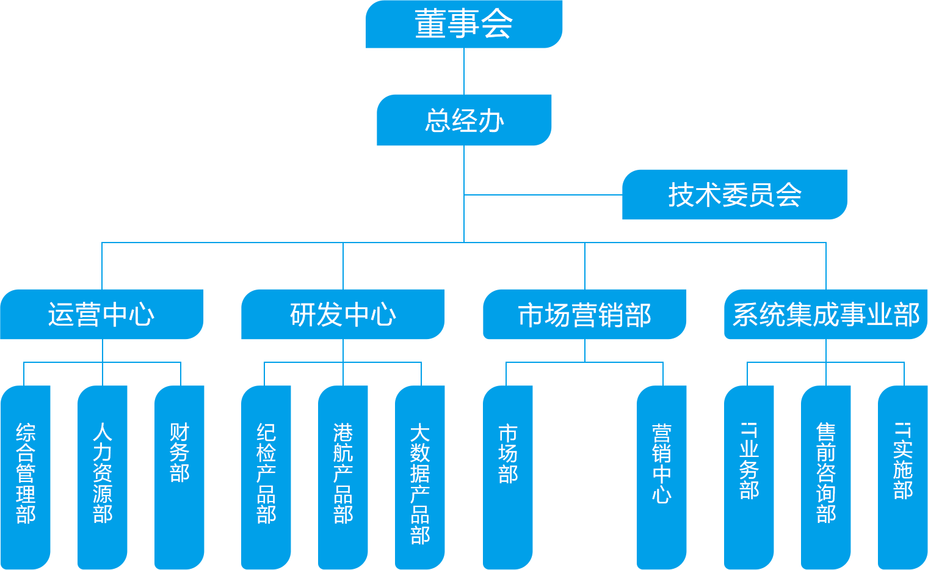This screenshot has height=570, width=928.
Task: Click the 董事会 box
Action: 464,24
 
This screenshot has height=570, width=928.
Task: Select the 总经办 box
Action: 464,120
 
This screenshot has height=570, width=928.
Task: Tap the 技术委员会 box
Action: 734,194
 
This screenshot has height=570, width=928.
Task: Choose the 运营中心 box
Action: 102,314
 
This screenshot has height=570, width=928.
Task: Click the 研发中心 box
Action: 343,314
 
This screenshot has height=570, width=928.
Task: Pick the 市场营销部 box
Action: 585,314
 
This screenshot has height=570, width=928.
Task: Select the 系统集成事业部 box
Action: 825,314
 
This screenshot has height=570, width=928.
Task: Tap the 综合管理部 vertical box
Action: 26,477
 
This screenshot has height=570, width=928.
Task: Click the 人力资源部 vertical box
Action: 103,477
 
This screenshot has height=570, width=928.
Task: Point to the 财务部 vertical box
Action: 179,477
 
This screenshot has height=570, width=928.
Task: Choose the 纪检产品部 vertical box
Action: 266,477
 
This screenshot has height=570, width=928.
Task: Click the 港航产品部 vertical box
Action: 343,477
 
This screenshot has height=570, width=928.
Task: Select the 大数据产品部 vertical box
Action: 420,477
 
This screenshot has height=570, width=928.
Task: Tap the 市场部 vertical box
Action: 508,477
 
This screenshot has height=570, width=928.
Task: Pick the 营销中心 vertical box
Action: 662,477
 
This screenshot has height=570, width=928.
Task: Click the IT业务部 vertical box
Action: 749,477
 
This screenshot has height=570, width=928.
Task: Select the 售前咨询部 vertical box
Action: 826,477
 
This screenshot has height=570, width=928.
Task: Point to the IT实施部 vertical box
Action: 902,477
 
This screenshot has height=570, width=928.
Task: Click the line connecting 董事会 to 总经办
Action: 464,71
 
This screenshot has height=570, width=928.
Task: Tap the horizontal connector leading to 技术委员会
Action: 543,195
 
